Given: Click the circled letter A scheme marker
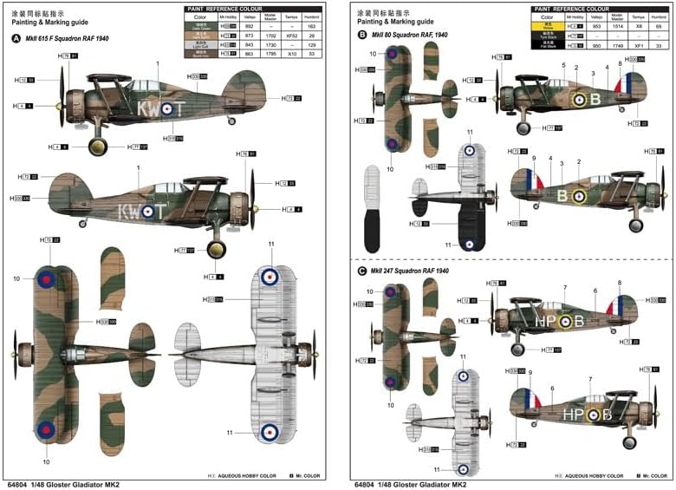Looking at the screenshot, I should [x=16, y=38].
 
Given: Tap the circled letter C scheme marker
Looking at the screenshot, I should [x=361, y=271].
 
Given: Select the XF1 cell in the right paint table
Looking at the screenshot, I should [x=637, y=44].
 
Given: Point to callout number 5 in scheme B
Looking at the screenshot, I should [x=563, y=66].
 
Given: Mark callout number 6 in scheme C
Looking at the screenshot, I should [x=595, y=291].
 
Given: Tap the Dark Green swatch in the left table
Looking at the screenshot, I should [x=200, y=27].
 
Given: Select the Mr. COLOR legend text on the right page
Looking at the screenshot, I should [x=655, y=475].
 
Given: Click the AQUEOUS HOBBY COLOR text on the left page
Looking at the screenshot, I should [x=249, y=475].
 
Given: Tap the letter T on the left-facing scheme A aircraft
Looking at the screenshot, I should [x=179, y=108].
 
